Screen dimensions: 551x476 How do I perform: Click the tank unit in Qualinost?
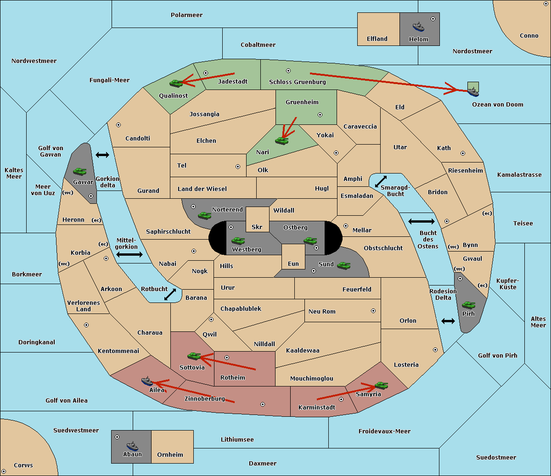pyautogui.click(x=176, y=83)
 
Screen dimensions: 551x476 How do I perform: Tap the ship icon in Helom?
pyautogui.click(x=418, y=27)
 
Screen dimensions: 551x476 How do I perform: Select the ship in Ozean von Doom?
pyautogui.click(x=473, y=92)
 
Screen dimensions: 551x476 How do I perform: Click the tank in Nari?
pyautogui.click(x=282, y=141)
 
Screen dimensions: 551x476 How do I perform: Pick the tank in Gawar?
pyautogui.click(x=80, y=171)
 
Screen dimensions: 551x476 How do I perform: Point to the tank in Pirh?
pyautogui.click(x=468, y=305)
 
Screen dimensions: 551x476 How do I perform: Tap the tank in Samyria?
pyautogui.click(x=381, y=385)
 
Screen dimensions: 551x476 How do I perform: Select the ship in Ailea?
pyautogui.click(x=147, y=381)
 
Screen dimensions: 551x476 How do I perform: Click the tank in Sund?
pyautogui.click(x=343, y=265)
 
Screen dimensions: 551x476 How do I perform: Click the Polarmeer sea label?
pyautogui.click(x=186, y=15)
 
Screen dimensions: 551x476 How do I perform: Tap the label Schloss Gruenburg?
pyautogui.click(x=298, y=82)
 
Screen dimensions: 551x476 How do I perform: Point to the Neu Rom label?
pyautogui.click(x=322, y=311)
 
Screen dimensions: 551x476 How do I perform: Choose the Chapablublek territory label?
pyautogui.click(x=241, y=308)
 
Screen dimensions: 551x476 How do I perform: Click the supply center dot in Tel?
pyautogui.click(x=238, y=167)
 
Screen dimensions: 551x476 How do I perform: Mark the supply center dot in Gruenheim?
pyautogui.click(x=320, y=115)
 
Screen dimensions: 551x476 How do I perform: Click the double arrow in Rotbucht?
pyautogui.click(x=170, y=294)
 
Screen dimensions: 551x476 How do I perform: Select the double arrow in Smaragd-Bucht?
pyautogui.click(x=381, y=181)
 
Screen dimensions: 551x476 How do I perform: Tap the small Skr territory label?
pyautogui.click(x=257, y=227)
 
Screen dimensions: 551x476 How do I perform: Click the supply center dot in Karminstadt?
pyautogui.click(x=341, y=399)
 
